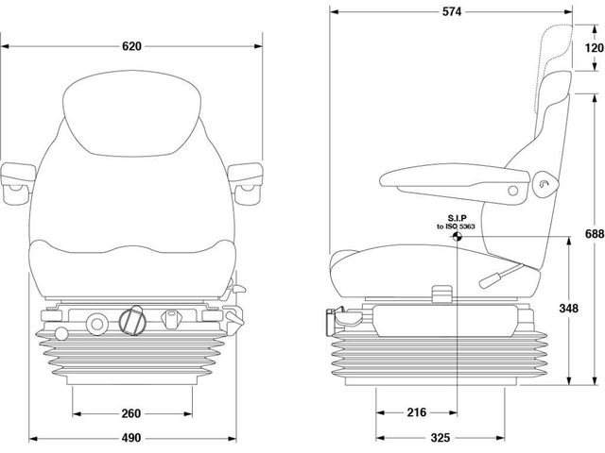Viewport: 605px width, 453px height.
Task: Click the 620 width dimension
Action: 132,46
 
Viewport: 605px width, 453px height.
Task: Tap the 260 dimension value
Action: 131,412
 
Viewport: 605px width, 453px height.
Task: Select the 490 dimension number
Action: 131,438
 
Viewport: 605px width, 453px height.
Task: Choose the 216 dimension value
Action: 416,412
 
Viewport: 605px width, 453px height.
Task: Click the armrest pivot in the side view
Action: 543,185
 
